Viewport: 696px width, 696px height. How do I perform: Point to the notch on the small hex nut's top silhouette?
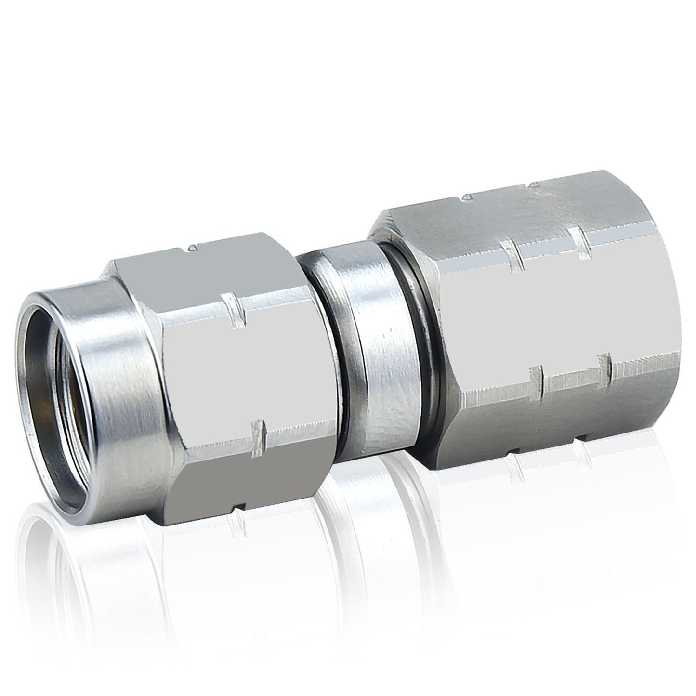coord(192,248)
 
